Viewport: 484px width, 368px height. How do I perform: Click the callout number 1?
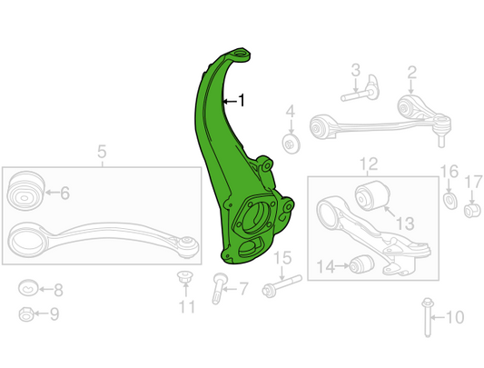[x=241, y=101]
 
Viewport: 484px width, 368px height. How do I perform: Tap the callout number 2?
[x=412, y=73]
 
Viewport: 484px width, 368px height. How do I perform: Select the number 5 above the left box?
[x=102, y=152]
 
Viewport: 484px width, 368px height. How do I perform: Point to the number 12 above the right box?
[x=369, y=164]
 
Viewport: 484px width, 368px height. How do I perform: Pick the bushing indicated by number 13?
[x=372, y=195]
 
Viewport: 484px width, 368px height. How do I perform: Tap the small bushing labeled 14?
[x=361, y=264]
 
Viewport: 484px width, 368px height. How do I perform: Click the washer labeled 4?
[x=291, y=144]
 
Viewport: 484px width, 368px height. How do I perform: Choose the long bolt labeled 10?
[x=428, y=317]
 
